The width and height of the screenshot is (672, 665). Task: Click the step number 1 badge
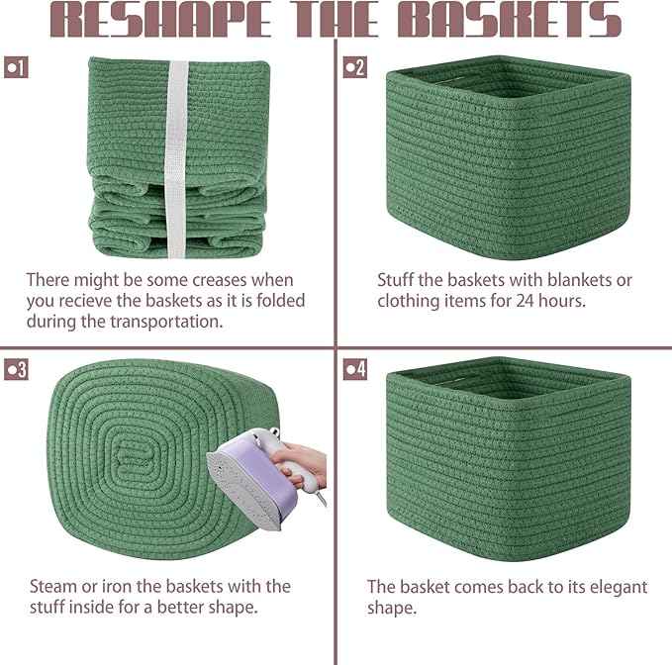click(16, 67)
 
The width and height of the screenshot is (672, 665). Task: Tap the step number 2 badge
click(355, 67)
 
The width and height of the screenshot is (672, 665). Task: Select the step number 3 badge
click(16, 369)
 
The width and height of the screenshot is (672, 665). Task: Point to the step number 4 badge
click(355, 369)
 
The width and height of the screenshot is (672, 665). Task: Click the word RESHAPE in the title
click(160, 20)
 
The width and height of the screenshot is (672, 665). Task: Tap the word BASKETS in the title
click(510, 20)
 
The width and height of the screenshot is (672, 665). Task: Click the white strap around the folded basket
click(176, 159)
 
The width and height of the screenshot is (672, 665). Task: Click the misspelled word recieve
click(86, 301)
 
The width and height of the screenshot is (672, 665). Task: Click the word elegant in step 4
click(619, 587)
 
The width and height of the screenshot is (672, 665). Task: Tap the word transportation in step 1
click(167, 322)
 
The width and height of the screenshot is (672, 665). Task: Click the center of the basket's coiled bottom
click(136, 457)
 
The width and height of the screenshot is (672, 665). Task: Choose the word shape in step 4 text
click(392, 609)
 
